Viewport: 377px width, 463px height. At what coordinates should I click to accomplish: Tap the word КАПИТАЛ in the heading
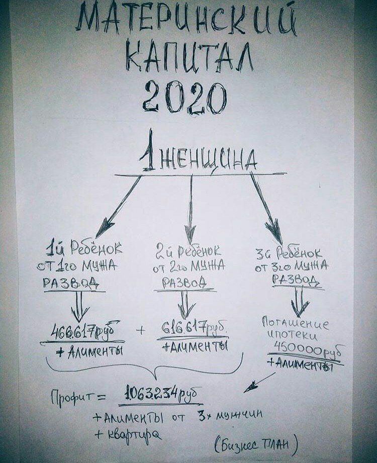190,57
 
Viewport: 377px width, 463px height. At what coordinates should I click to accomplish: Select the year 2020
185,97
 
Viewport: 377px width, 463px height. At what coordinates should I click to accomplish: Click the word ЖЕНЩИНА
208,160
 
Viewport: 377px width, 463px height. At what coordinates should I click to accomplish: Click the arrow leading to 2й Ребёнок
191,209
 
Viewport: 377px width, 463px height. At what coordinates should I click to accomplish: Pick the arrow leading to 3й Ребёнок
266,208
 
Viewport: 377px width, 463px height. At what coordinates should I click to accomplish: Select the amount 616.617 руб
194,328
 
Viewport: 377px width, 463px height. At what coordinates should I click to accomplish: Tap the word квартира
134,434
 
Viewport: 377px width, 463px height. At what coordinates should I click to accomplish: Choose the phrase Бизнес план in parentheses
256,445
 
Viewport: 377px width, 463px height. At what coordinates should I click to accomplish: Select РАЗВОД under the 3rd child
296,280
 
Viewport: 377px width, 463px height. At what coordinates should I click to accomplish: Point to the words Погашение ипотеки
295,330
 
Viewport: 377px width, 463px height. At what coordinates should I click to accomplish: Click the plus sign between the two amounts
141,330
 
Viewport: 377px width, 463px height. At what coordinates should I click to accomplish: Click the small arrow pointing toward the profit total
259,383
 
